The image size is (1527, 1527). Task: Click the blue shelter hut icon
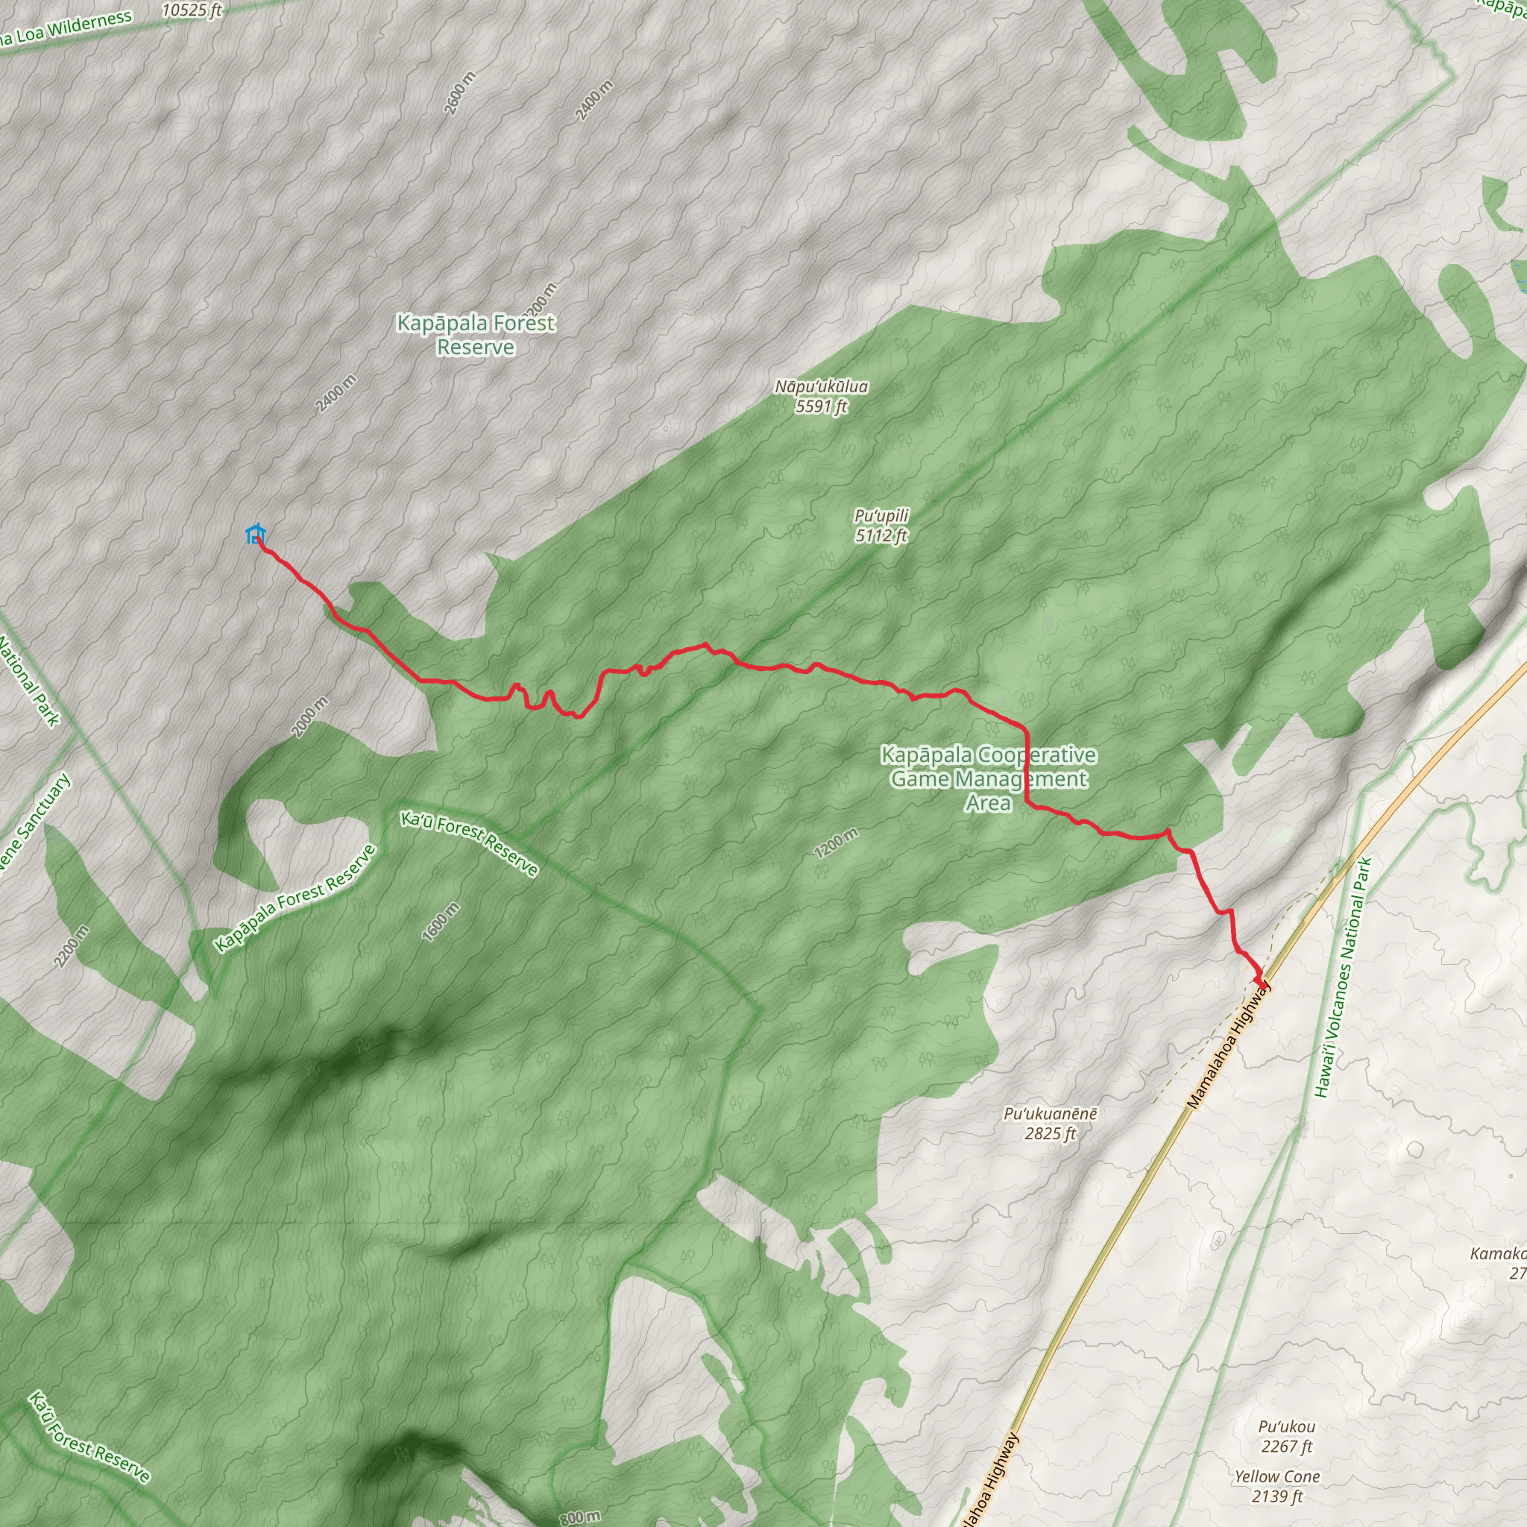coord(254,535)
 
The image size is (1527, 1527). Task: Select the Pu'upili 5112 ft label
coord(881,526)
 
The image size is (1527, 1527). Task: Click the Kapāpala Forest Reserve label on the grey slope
coord(476,334)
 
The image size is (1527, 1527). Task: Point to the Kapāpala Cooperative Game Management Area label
coord(989,778)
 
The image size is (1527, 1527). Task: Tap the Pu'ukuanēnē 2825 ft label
coord(1051,1123)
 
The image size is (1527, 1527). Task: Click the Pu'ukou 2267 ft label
coord(1287,1436)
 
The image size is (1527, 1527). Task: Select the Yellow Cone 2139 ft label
coord(1277,1485)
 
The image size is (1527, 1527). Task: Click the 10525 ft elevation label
coord(192,10)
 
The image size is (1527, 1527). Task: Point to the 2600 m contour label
coord(460,93)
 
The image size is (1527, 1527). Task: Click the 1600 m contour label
coord(441,922)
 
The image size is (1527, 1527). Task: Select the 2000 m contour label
coord(310,717)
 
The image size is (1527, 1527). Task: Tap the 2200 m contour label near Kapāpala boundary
coord(71,945)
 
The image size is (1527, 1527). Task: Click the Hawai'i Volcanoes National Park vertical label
coord(1343,977)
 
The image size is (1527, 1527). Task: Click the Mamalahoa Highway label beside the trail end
coord(1229,1045)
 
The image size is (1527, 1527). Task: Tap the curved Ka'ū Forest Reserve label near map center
coord(470,843)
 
